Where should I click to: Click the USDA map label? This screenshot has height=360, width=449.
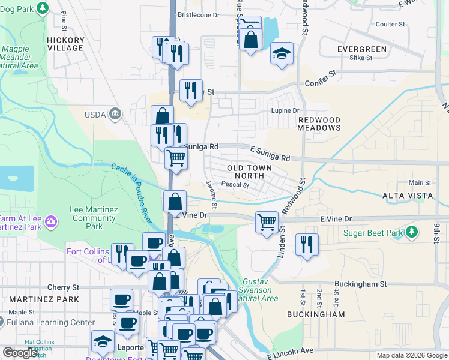click(x=95, y=114)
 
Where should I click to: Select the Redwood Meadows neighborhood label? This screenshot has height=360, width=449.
click(x=319, y=124)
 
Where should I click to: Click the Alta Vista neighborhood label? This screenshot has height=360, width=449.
click(x=408, y=196)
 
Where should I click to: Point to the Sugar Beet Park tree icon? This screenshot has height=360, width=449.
click(x=412, y=232)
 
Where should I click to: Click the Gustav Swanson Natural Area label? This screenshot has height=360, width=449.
click(x=261, y=290)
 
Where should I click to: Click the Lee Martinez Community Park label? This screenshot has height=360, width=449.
click(x=94, y=218)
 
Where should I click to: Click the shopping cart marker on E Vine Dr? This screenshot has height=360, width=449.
click(x=267, y=223)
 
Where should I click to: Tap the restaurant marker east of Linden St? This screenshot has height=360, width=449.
click(x=307, y=244)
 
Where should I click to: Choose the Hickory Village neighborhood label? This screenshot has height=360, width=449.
click(x=65, y=44)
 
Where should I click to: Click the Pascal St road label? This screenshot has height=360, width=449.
click(x=235, y=185)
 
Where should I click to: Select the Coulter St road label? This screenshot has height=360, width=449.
click(x=390, y=24)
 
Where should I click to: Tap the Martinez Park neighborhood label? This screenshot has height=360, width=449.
click(x=31, y=299)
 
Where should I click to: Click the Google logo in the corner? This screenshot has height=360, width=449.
click(x=20, y=353)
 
